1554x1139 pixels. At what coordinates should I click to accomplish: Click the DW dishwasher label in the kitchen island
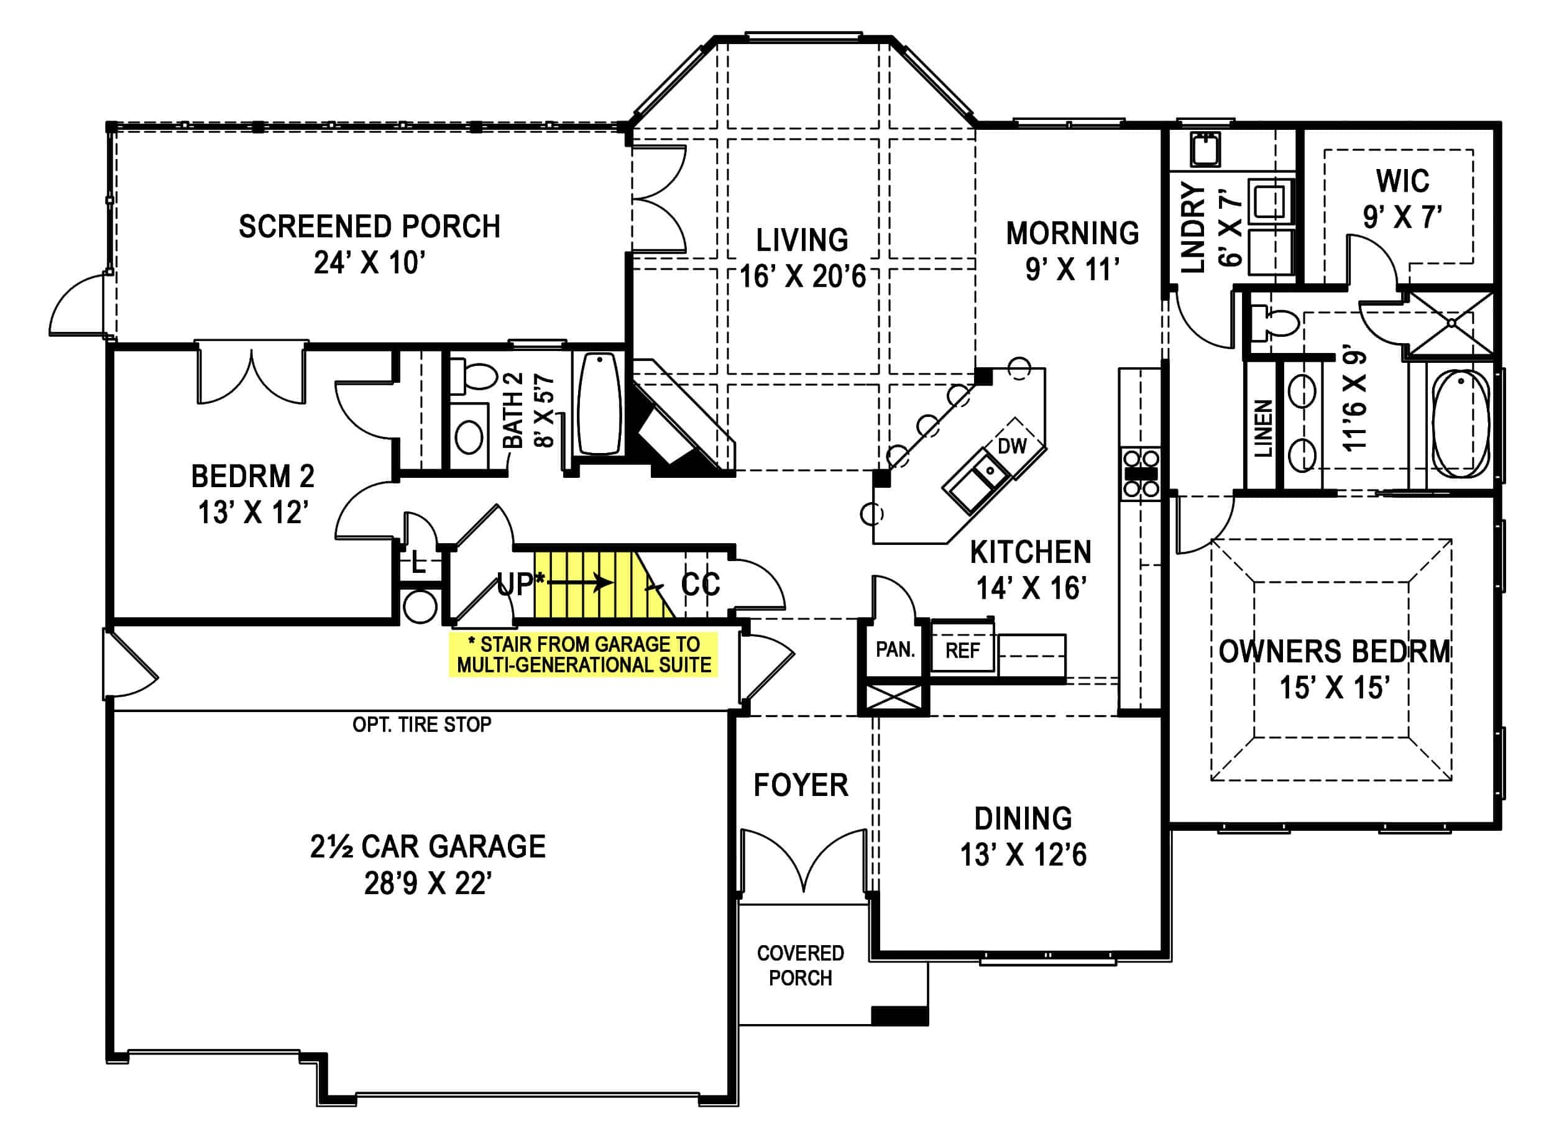coord(1012,446)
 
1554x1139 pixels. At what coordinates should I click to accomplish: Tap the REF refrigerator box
coord(962,650)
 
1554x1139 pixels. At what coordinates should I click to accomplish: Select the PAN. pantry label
coord(894,649)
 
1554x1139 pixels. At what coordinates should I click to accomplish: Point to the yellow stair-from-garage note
coord(584,655)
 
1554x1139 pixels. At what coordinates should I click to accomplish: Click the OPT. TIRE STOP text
coord(421,725)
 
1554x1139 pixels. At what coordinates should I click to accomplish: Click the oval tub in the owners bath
coord(1460,424)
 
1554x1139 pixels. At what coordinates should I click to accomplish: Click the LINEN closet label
coord(1262,428)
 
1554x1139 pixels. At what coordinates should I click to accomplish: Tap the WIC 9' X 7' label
coord(1402,199)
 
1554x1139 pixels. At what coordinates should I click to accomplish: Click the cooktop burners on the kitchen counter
coord(1140,473)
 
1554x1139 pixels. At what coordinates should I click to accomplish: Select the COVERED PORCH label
coord(800,965)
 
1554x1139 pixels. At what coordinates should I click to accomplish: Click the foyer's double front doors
coord(803,862)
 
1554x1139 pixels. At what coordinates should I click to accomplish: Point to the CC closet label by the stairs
coord(700,584)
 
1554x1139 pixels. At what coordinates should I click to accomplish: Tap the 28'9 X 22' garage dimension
coord(428,883)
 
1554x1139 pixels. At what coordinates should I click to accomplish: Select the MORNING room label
coord(1072,233)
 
